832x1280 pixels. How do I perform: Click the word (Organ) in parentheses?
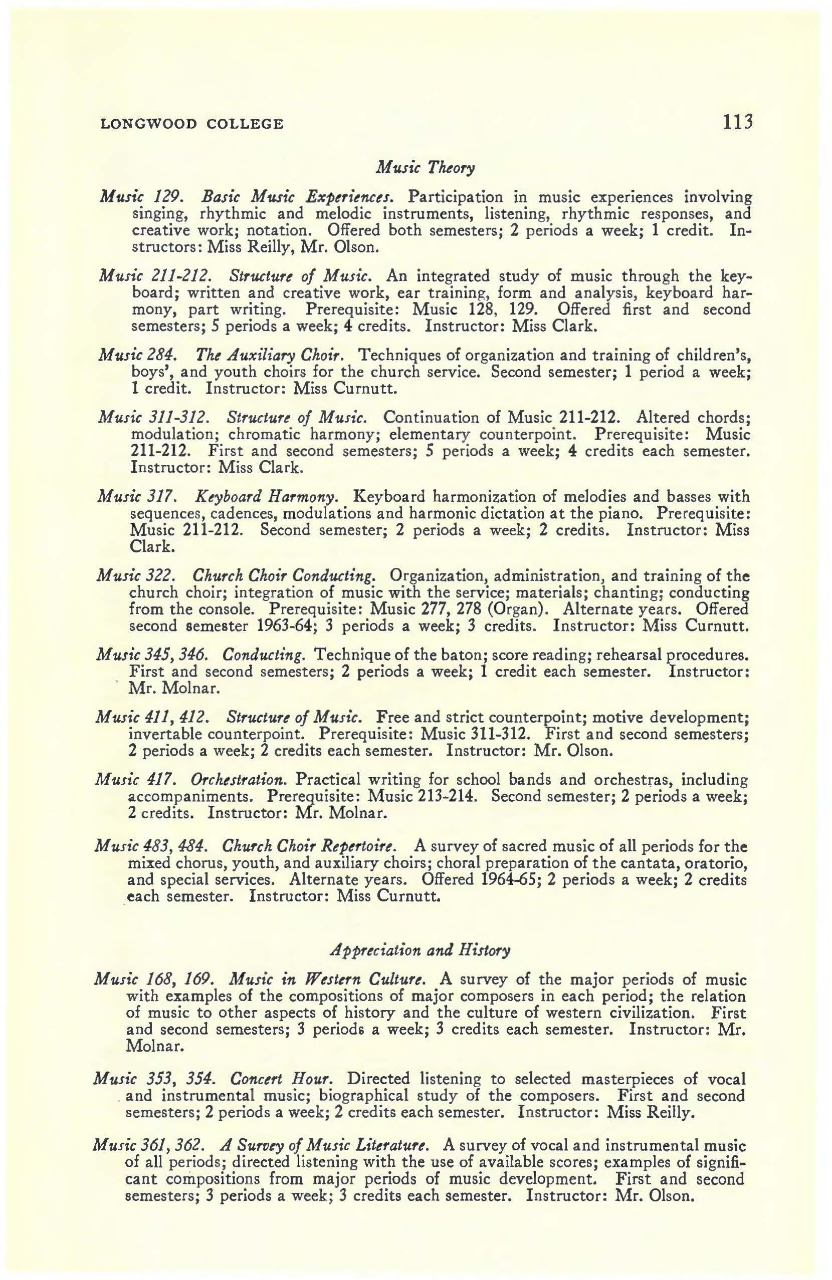pyautogui.click(x=531, y=609)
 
